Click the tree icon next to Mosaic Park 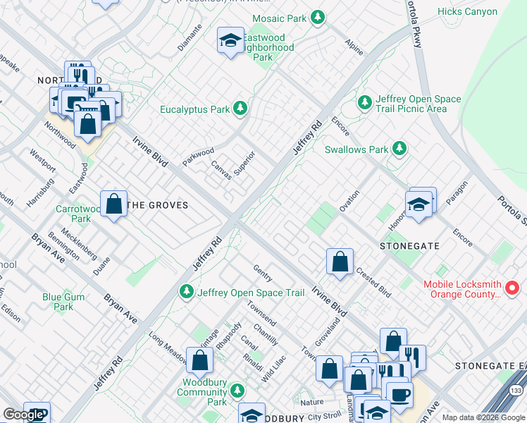click(x=318, y=16)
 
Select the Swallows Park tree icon click(x=399, y=149)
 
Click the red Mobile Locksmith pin click(x=513, y=288)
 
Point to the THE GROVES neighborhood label click(x=158, y=205)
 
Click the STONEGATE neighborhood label click(x=409, y=246)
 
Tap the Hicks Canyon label click(x=486, y=11)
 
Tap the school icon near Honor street click(x=418, y=205)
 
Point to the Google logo click(x=23, y=415)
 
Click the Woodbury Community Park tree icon click(x=237, y=390)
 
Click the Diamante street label click(x=190, y=37)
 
